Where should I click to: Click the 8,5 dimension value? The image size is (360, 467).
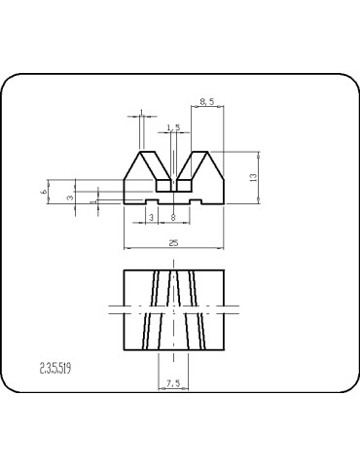(x=207, y=100)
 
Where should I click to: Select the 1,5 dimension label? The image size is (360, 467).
(x=173, y=127)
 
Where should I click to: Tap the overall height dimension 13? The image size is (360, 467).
(x=253, y=177)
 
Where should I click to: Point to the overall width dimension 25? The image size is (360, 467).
(x=173, y=242)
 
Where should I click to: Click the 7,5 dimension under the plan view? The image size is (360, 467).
(x=173, y=383)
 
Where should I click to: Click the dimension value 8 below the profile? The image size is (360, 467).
(x=173, y=217)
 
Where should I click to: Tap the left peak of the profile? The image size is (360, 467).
(x=144, y=153)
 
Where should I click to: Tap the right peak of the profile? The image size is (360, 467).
(x=203, y=153)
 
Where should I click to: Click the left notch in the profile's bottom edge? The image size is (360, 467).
(x=151, y=201)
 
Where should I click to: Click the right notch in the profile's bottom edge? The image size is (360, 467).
(x=197, y=201)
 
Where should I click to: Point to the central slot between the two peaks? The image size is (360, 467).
(x=173, y=183)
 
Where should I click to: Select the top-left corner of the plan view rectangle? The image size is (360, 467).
(x=123, y=269)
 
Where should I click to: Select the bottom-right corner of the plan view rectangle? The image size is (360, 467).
(x=225, y=349)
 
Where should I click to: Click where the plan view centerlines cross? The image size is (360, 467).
(x=173, y=309)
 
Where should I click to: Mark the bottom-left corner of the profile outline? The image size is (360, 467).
(x=123, y=204)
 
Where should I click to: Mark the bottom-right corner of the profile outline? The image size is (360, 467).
(x=225, y=204)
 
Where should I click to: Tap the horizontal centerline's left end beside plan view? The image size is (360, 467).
(x=104, y=309)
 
